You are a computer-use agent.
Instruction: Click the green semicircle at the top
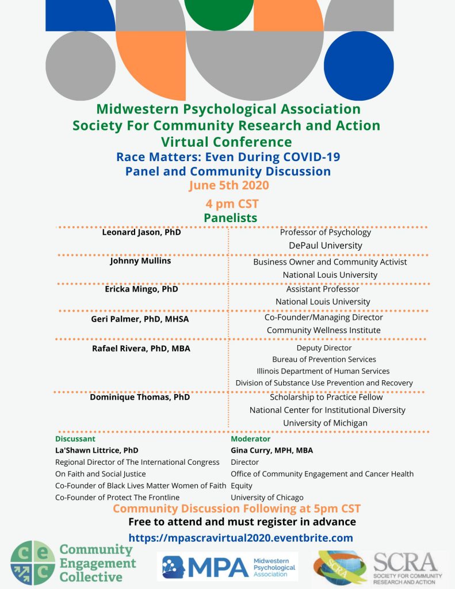(219, 13)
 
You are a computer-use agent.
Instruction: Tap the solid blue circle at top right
(359, 66)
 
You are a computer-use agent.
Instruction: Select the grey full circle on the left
(81, 66)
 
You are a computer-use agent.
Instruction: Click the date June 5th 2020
(228, 185)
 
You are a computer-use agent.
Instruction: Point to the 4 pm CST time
(232, 204)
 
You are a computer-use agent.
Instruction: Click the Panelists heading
(230, 217)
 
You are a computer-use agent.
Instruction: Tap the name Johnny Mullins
(140, 261)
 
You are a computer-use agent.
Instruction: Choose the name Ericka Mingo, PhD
(141, 289)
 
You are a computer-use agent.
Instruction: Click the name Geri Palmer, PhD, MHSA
(141, 319)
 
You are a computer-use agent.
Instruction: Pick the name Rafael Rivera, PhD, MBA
(141, 348)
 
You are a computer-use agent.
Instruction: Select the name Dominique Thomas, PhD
(140, 397)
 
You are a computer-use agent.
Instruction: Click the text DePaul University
(326, 246)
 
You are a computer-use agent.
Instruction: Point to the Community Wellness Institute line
(323, 330)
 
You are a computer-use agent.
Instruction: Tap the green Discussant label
(75, 439)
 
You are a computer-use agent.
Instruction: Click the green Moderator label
(250, 439)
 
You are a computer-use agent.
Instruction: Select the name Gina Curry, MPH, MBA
(272, 450)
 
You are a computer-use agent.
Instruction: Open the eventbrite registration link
(240, 538)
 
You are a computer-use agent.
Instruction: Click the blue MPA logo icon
(175, 567)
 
